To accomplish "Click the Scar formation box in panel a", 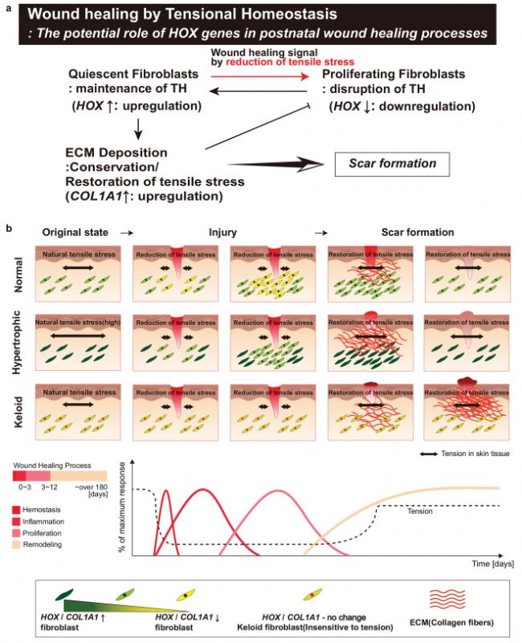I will click(x=391, y=164).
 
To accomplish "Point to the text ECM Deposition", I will click(x=116, y=152).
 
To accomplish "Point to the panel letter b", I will click(x=9, y=229).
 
